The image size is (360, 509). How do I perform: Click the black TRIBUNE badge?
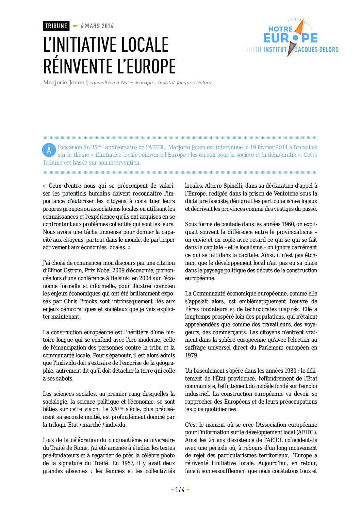(56, 26)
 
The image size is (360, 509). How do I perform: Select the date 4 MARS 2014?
(97, 26)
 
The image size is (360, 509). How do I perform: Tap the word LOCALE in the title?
(145, 45)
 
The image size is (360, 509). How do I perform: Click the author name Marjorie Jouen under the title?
(64, 83)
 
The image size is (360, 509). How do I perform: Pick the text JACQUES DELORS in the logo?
(317, 50)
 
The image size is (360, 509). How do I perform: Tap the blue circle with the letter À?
(49, 150)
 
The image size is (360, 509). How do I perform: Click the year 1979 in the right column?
(191, 355)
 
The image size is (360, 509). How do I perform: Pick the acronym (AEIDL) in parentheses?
(306, 432)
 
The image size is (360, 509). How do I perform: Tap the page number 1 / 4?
(180, 490)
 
